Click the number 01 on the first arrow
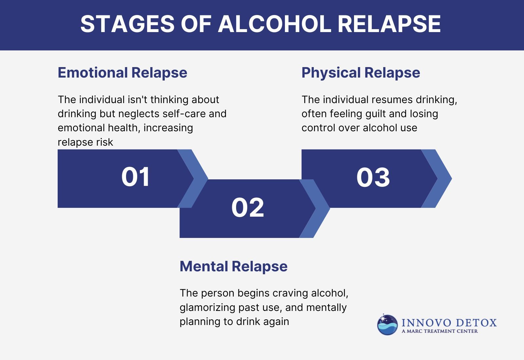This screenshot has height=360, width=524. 136,177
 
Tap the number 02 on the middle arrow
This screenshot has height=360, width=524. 248,207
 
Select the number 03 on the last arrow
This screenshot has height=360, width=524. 373,178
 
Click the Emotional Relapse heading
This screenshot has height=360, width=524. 122,73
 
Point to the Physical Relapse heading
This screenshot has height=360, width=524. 361,73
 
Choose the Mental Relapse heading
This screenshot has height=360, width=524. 233,266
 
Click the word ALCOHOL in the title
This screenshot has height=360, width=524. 274,24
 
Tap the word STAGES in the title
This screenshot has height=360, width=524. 127,24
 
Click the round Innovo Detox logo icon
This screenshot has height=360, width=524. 387,325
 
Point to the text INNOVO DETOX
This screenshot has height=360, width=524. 449,323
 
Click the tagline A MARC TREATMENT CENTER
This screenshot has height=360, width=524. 440,331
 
